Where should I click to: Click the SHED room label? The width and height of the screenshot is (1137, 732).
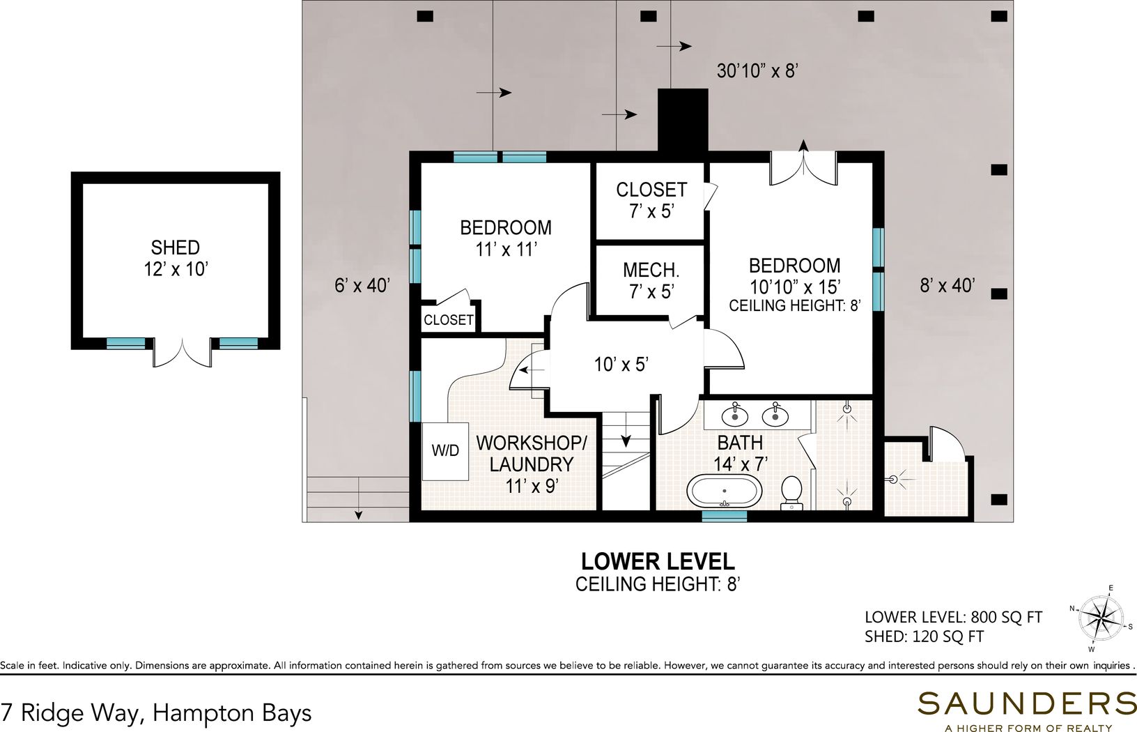pyautogui.click(x=175, y=247)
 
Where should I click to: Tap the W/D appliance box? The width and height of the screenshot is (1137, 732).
pyautogui.click(x=445, y=451)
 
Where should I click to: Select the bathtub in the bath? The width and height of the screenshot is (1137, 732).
pyautogui.click(x=725, y=491)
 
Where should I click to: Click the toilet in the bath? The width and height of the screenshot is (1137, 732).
pyautogui.click(x=791, y=492)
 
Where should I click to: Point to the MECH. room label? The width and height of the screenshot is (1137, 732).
pyautogui.click(x=651, y=270)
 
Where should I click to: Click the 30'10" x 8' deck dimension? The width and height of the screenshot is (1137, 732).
pyautogui.click(x=758, y=71)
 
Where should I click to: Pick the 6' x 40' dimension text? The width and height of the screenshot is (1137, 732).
pyautogui.click(x=362, y=286)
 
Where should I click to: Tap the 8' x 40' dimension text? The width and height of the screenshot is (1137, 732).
pyautogui.click(x=947, y=286)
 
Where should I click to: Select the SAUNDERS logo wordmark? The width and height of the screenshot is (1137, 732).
pyautogui.click(x=1027, y=703)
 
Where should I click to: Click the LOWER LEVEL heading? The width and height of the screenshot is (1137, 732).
pyautogui.click(x=658, y=561)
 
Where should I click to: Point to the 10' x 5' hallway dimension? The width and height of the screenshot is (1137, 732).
pyautogui.click(x=621, y=364)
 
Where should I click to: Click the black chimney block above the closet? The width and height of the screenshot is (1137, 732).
pyautogui.click(x=683, y=120)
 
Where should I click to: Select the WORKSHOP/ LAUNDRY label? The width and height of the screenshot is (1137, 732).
pyautogui.click(x=532, y=453)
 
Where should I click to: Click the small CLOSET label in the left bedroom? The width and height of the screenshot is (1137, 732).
pyautogui.click(x=448, y=320)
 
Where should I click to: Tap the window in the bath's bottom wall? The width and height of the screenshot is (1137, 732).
pyautogui.click(x=725, y=516)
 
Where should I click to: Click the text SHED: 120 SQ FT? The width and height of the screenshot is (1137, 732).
pyautogui.click(x=925, y=636)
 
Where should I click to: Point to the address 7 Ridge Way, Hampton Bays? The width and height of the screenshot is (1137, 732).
pyautogui.click(x=156, y=713)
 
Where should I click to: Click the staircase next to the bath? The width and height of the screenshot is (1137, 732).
pyautogui.click(x=626, y=461)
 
